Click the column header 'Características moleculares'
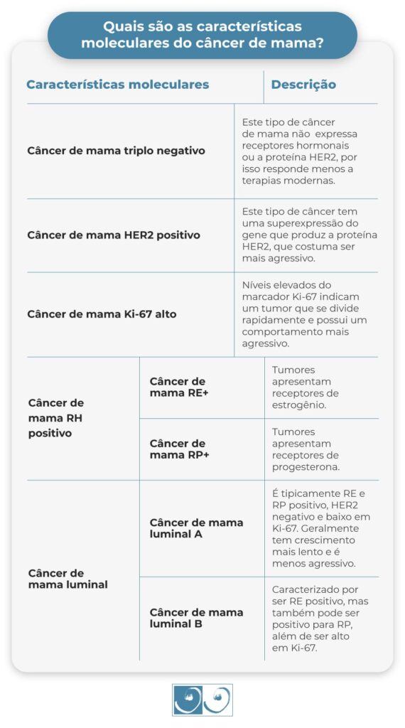point(117,85)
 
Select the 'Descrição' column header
point(303,85)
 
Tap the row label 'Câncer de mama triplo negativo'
point(116,151)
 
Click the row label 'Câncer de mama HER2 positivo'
point(114,235)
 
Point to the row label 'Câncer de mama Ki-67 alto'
point(102,314)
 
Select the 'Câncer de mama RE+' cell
point(178,387)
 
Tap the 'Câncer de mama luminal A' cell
point(196,528)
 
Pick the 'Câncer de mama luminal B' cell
point(196,618)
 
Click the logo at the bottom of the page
point(202,700)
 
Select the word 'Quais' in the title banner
point(120,27)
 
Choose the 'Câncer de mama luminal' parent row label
point(67,579)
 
